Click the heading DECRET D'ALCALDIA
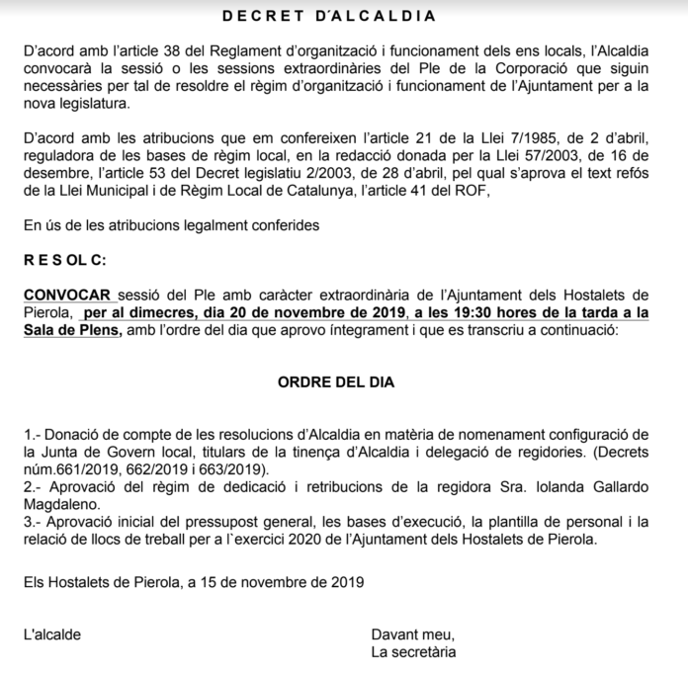coord(344,16)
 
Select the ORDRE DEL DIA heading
coord(343,380)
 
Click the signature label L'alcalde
coord(52,634)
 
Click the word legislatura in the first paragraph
coord(99,103)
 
